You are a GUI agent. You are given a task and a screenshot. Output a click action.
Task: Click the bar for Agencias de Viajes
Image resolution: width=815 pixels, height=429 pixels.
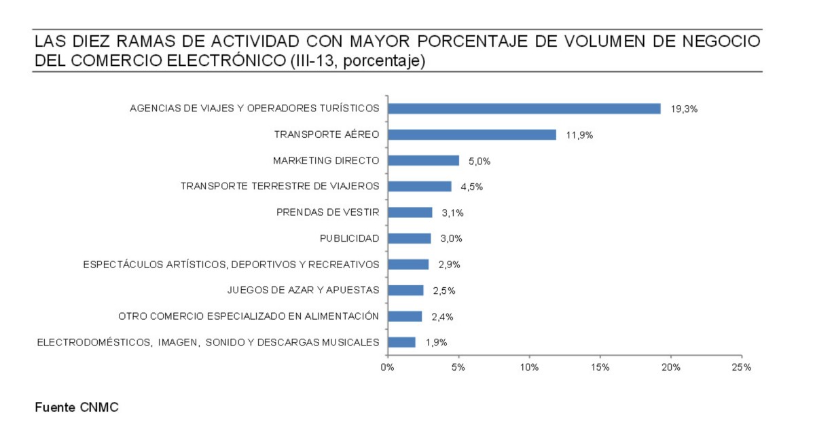[524, 109]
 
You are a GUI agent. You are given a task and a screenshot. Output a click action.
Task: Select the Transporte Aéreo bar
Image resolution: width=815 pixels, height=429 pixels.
[471, 134]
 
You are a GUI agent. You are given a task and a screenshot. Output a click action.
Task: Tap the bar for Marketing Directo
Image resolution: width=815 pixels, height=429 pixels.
[423, 161]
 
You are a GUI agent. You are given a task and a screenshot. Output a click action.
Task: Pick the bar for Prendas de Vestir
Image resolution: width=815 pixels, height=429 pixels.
[410, 212]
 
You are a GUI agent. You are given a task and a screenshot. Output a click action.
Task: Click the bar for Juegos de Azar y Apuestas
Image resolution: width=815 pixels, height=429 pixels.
[405, 291]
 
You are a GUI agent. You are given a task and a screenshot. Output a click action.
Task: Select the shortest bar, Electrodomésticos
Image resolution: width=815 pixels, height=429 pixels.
[401, 342]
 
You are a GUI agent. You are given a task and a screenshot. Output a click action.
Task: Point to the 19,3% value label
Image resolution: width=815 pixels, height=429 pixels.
[684, 109]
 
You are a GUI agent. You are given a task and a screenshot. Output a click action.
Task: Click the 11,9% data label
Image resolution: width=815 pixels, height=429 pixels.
[579, 135]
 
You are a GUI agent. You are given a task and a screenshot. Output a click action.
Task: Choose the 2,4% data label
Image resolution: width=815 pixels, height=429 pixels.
[442, 316]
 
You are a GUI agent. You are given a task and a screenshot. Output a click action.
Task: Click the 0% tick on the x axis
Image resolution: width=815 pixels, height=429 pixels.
[387, 367]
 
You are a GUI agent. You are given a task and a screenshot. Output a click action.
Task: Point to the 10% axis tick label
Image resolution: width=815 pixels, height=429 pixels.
[529, 367]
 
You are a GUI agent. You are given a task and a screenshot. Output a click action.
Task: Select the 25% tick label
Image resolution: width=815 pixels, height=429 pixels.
[742, 367]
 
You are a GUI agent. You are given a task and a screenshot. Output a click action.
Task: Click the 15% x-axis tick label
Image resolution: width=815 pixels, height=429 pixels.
[600, 367]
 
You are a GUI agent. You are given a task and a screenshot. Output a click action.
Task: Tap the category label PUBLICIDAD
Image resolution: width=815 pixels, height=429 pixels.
[349, 238]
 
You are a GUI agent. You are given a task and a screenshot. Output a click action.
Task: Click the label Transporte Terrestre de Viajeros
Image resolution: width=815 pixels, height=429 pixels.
[280, 186]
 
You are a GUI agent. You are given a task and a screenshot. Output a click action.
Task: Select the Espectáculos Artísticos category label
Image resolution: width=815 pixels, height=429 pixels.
[231, 264]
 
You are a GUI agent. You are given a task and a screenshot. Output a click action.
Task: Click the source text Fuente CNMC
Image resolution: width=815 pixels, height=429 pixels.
[77, 407]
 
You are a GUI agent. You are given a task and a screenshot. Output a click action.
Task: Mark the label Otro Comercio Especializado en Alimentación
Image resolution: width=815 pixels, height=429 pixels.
[248, 316]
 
